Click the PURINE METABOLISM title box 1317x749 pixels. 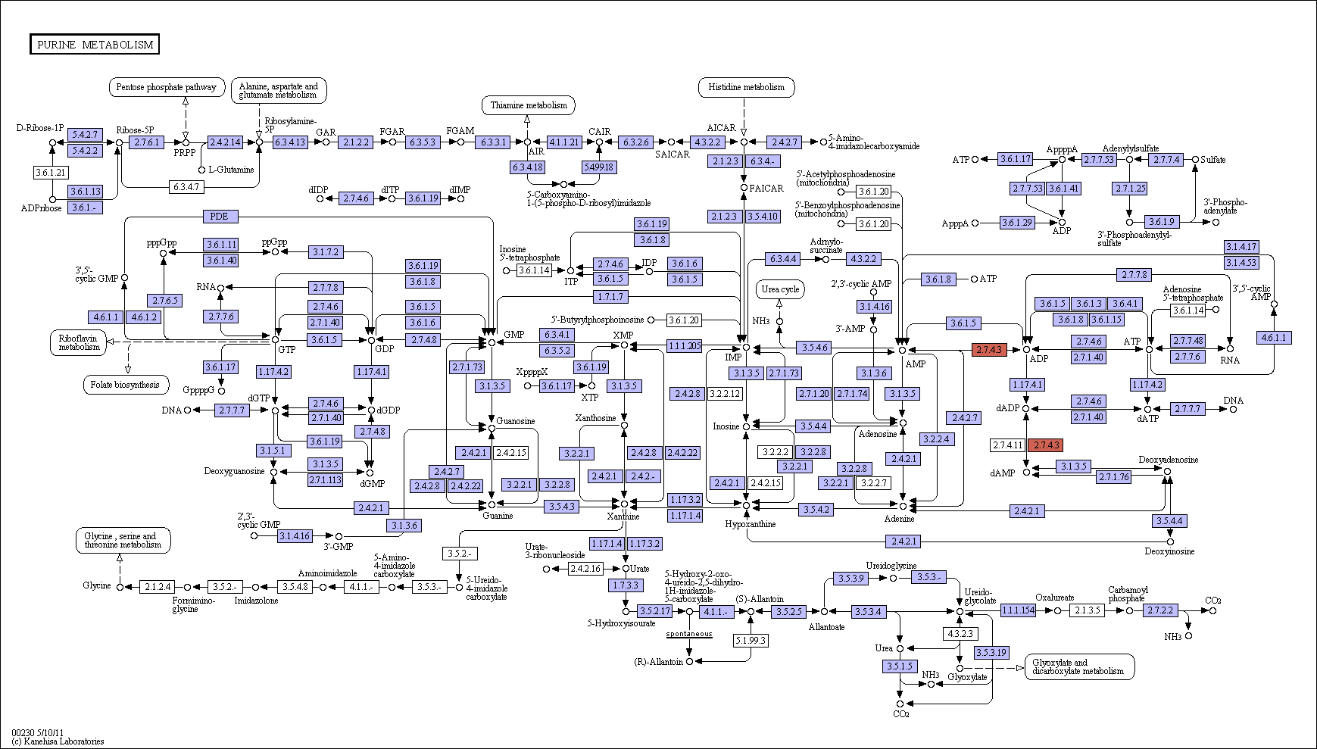(95, 45)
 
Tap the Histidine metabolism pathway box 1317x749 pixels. (747, 87)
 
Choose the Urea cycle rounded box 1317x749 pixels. (780, 289)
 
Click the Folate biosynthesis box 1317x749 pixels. (125, 385)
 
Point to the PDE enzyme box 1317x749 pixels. (219, 217)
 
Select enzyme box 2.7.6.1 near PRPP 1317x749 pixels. (146, 142)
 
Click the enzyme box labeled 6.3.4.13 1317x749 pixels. (290, 142)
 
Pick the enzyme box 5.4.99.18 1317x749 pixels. (598, 167)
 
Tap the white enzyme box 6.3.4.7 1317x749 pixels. (186, 186)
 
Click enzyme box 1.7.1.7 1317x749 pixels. (610, 296)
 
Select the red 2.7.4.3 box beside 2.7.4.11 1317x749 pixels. (1045, 445)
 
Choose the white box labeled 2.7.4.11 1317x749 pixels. (1007, 445)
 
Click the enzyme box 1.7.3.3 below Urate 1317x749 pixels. (626, 585)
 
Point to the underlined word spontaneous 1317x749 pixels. (689, 634)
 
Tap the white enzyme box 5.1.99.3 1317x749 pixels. (751, 641)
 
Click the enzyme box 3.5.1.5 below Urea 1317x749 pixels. (899, 666)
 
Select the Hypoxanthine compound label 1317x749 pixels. (750, 524)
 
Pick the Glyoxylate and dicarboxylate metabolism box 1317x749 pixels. (1080, 666)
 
